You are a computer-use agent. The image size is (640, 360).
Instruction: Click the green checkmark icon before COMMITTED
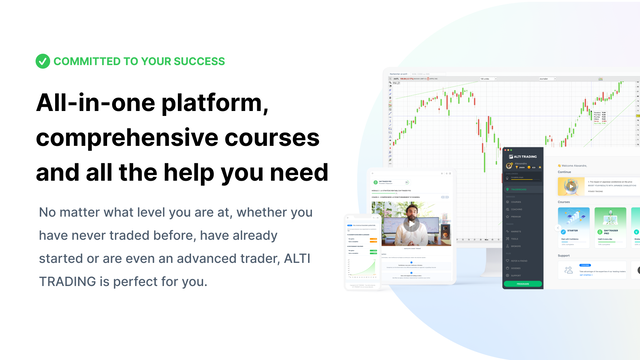42,61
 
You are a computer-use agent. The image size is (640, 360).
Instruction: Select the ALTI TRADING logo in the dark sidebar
526,157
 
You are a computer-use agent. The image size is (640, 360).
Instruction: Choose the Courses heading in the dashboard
566,201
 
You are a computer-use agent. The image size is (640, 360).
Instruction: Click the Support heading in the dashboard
566,255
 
